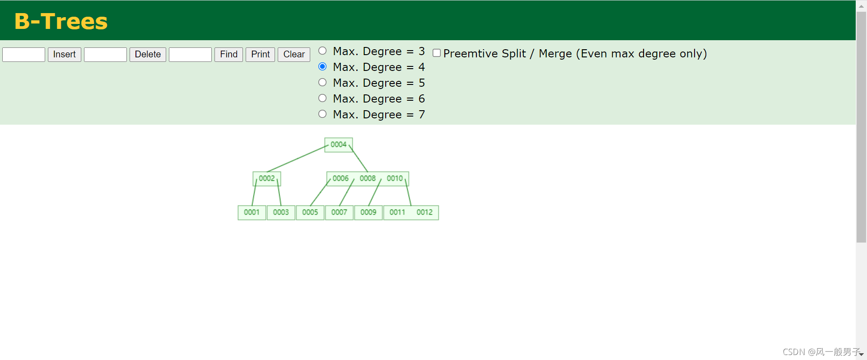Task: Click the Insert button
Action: pyautogui.click(x=65, y=54)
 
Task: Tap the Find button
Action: pyautogui.click(x=228, y=54)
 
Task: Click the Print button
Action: pyautogui.click(x=260, y=54)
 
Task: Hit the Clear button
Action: pyautogui.click(x=294, y=54)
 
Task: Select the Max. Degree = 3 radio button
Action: pyautogui.click(x=322, y=51)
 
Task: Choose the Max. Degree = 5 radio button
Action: pyautogui.click(x=322, y=82)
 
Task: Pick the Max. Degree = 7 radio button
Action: pyautogui.click(x=322, y=114)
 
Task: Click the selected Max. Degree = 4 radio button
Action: pyautogui.click(x=322, y=66)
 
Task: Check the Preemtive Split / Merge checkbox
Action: pyautogui.click(x=437, y=53)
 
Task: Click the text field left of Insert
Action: pyautogui.click(x=23, y=54)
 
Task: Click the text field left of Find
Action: pyautogui.click(x=190, y=54)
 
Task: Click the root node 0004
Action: pyautogui.click(x=339, y=145)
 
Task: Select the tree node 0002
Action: pyautogui.click(x=267, y=178)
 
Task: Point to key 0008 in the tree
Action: pyautogui.click(x=368, y=178)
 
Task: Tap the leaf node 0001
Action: pyautogui.click(x=252, y=212)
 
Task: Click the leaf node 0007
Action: pyautogui.click(x=339, y=212)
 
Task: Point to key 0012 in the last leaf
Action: pyautogui.click(x=424, y=212)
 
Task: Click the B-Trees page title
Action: pyautogui.click(x=61, y=21)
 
